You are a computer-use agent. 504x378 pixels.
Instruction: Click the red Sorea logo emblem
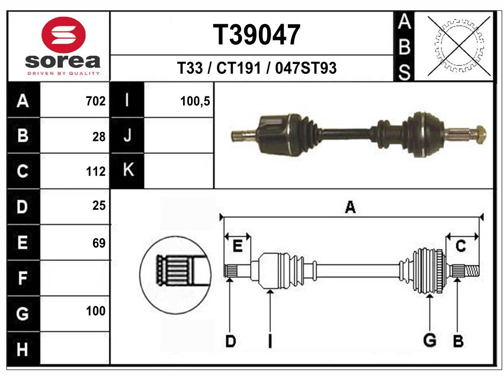pos(63,34)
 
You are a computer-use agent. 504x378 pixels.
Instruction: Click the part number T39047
pos(256,34)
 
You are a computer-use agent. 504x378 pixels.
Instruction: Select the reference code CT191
pos(238,68)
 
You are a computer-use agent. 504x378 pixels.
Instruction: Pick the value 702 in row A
pos(95,101)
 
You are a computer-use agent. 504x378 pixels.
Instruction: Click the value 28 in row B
pos(98,137)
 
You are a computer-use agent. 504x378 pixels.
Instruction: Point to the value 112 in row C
pos(95,171)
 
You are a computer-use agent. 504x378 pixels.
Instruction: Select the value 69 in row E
pos(98,243)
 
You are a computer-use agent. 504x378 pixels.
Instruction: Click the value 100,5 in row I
pos(195,101)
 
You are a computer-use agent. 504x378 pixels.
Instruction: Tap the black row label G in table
pos(23,314)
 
